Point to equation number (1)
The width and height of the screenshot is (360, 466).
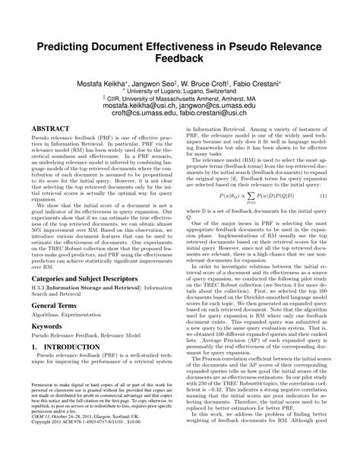click(x=323, y=196)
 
